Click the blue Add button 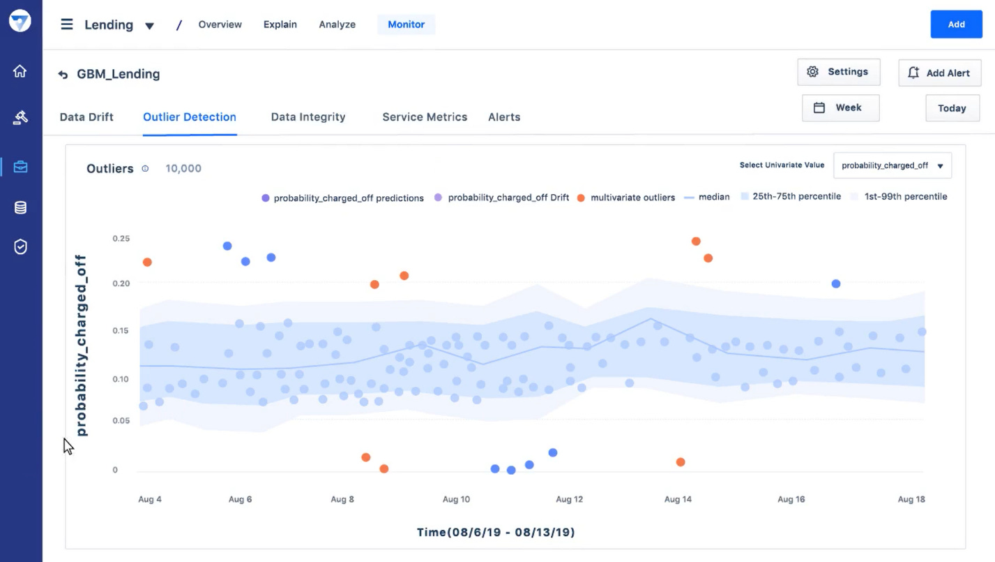pyautogui.click(x=956, y=24)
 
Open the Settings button pyautogui.click(x=838, y=72)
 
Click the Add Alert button pyautogui.click(x=939, y=73)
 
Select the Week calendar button pyautogui.click(x=840, y=108)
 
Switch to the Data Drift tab pyautogui.click(x=86, y=117)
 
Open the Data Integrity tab pyautogui.click(x=308, y=117)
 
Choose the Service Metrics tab pyautogui.click(x=425, y=117)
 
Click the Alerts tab pyautogui.click(x=504, y=117)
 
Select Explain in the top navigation pyautogui.click(x=280, y=24)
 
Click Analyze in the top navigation pyautogui.click(x=337, y=24)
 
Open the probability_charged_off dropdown pyautogui.click(x=892, y=166)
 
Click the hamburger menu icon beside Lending pyautogui.click(x=67, y=24)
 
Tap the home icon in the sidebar pyautogui.click(x=20, y=71)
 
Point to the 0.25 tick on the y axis pyautogui.click(x=121, y=239)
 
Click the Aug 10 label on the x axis pyautogui.click(x=456, y=499)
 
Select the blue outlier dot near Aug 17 pyautogui.click(x=836, y=284)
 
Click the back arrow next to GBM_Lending pyautogui.click(x=63, y=75)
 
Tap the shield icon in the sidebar pyautogui.click(x=20, y=246)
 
